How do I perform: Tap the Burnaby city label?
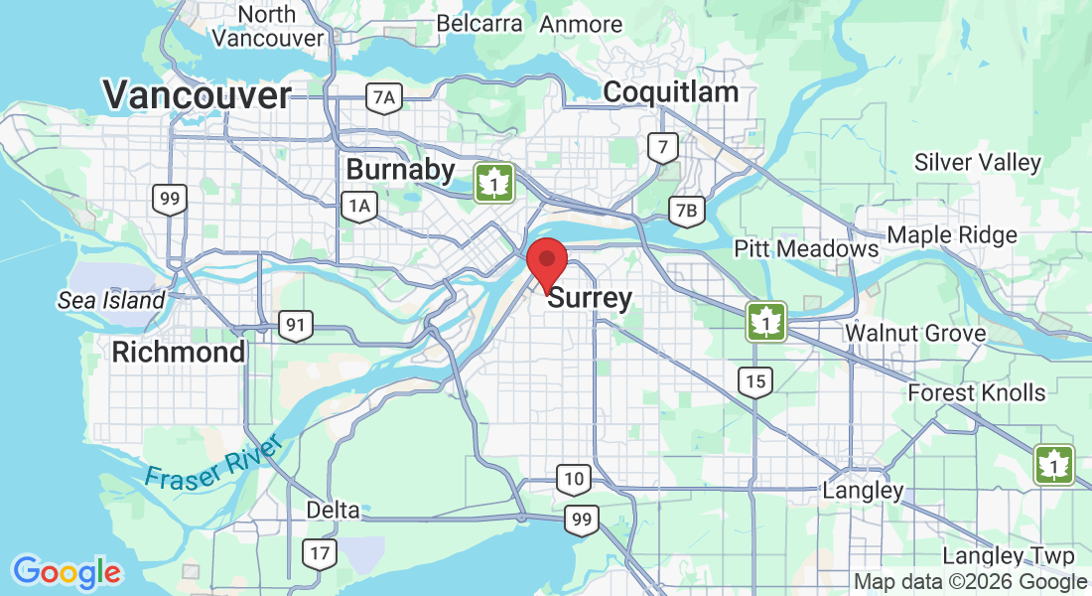click(x=400, y=170)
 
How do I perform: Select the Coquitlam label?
click(x=671, y=92)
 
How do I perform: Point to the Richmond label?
click(x=179, y=352)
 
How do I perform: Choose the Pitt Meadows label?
click(x=806, y=248)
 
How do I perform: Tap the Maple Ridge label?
click(x=952, y=235)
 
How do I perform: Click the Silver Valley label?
click(x=978, y=162)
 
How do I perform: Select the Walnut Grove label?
click(x=915, y=333)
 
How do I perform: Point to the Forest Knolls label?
click(x=977, y=392)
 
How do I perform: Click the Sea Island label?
click(x=111, y=300)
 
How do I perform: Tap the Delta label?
click(x=333, y=510)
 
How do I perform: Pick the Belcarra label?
click(x=480, y=23)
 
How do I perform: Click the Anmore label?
click(x=581, y=25)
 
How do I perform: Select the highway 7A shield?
click(x=383, y=97)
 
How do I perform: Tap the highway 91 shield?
click(x=296, y=325)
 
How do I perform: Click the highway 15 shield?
click(x=755, y=381)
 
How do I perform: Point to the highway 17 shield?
click(x=318, y=553)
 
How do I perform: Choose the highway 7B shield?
click(x=686, y=211)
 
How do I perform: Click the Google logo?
click(x=67, y=572)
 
